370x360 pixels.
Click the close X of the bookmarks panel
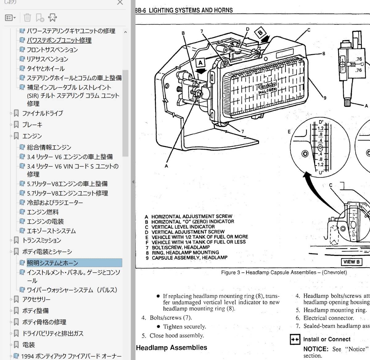coord(120,2)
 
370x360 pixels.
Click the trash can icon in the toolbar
coord(27,18)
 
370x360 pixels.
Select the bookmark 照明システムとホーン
coord(52,263)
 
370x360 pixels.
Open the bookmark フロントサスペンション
coord(52,50)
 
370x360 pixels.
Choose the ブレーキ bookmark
coord(32,125)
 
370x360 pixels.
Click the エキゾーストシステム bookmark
coord(51,231)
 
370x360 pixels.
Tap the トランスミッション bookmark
coord(42,240)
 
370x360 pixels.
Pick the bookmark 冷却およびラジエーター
coord(55,203)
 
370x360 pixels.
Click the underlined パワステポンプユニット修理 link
coord(59,40)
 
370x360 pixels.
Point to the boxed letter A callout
coord(201,63)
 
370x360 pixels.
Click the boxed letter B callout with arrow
coord(261,33)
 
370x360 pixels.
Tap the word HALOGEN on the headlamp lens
coord(267,90)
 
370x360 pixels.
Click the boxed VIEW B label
coord(351,262)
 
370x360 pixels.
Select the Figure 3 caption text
coord(284,273)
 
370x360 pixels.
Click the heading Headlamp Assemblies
coord(171,348)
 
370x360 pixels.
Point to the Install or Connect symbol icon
coord(295,339)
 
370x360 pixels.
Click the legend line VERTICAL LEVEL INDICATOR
coord(183,227)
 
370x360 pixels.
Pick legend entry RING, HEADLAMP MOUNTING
coord(185,253)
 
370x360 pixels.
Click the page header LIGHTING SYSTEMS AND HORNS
coord(191,10)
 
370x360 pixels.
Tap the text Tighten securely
coord(184,326)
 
